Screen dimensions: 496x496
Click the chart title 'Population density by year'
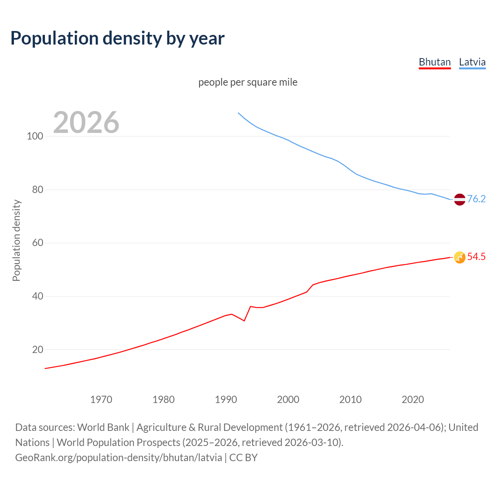click(x=117, y=38)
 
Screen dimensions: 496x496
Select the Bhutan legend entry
click(x=435, y=62)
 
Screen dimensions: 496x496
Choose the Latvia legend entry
click(x=472, y=62)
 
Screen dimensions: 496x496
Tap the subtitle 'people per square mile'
click(x=248, y=82)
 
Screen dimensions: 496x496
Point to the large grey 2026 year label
click(x=86, y=122)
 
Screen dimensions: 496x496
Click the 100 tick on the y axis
click(x=35, y=136)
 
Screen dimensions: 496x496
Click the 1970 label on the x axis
click(x=101, y=400)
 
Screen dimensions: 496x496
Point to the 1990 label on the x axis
click(x=226, y=400)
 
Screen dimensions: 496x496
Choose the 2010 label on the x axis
click(x=350, y=400)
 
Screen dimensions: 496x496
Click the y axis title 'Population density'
click(x=16, y=240)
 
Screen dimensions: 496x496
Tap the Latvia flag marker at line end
click(x=460, y=199)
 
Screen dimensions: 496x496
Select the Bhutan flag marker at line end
click(x=460, y=257)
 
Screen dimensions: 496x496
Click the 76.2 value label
click(x=476, y=199)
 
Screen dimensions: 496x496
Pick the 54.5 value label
click(x=476, y=257)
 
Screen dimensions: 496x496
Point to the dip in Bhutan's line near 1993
click(x=244, y=320)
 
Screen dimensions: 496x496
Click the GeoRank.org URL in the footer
click(x=119, y=458)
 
